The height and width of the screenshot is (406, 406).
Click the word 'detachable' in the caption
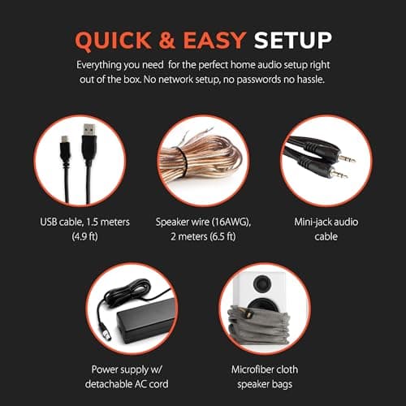click(x=112, y=383)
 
